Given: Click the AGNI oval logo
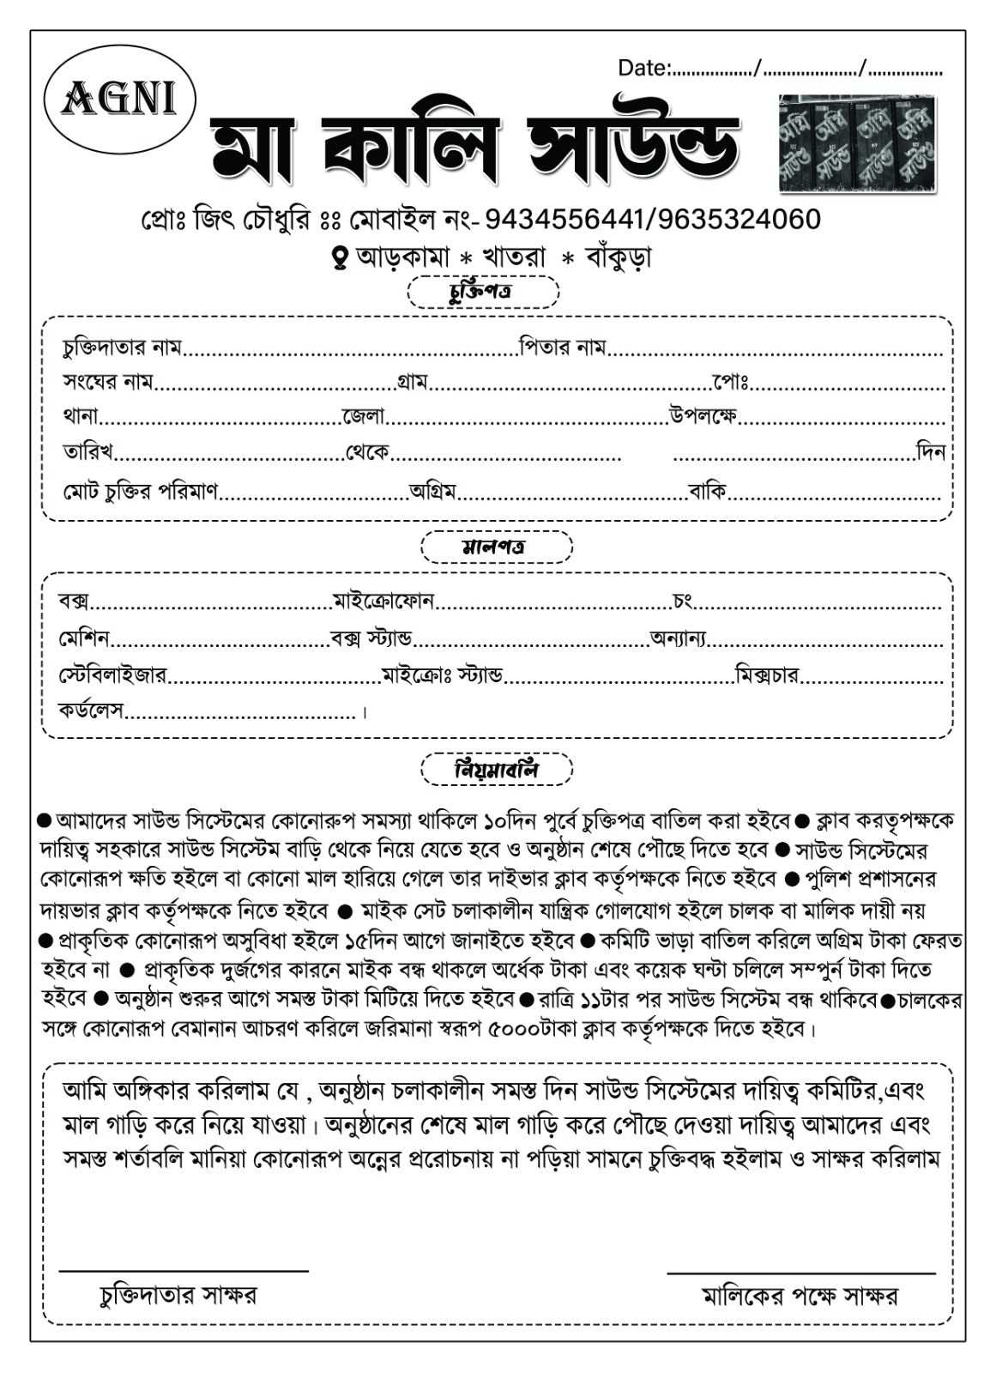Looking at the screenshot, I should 119,100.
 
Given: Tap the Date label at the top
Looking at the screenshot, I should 643,68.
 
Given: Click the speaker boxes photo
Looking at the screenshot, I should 856,142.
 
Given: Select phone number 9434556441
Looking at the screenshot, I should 562,220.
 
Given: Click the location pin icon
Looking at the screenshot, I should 341,256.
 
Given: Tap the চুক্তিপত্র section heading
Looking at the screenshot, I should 483,293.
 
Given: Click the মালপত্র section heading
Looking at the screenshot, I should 495,547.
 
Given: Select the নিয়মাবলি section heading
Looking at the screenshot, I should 496,769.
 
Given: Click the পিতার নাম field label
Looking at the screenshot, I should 563,348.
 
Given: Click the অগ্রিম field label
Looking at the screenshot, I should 432,492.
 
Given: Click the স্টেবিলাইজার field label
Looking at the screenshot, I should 112,675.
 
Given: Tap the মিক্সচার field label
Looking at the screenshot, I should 768,675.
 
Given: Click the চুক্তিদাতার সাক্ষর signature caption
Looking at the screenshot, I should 178,1294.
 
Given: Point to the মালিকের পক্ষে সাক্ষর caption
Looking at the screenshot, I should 800,1295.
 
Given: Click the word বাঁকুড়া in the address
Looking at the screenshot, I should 618,256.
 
